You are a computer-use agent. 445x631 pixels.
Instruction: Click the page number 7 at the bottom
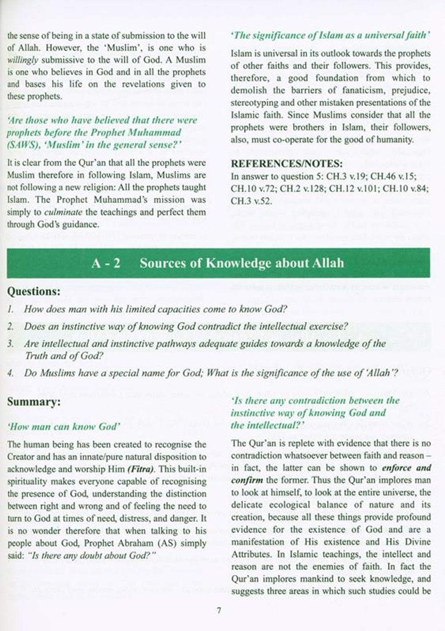(x=219, y=611)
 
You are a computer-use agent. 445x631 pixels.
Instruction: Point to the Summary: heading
(x=34, y=402)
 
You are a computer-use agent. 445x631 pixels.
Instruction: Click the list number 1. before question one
(x=11, y=309)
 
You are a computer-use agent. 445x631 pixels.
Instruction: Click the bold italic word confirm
(x=247, y=480)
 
